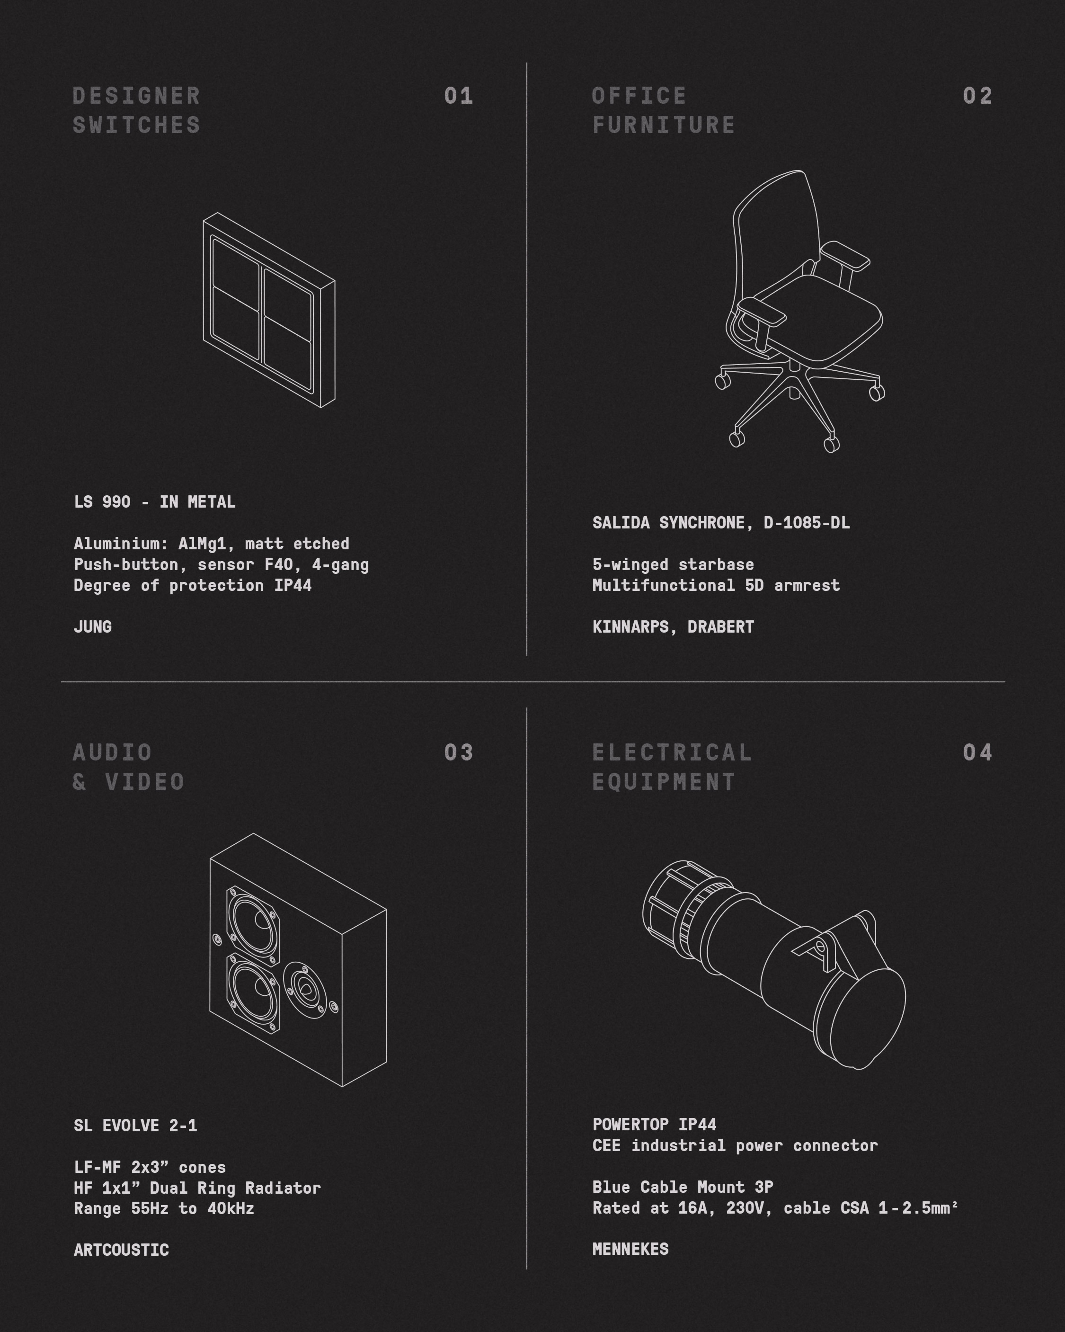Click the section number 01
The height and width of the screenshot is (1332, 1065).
click(x=458, y=96)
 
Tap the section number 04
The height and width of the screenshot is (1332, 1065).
click(x=977, y=752)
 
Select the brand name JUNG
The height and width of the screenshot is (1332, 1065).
click(x=93, y=626)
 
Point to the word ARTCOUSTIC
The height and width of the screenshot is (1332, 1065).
click(x=121, y=1250)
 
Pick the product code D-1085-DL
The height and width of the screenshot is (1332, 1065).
click(x=806, y=523)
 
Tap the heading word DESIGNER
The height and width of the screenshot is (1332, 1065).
click(x=136, y=96)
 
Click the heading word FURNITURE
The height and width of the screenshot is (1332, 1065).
click(x=664, y=125)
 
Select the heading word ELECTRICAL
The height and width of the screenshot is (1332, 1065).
click(x=672, y=752)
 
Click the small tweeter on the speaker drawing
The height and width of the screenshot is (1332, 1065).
click(x=304, y=990)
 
